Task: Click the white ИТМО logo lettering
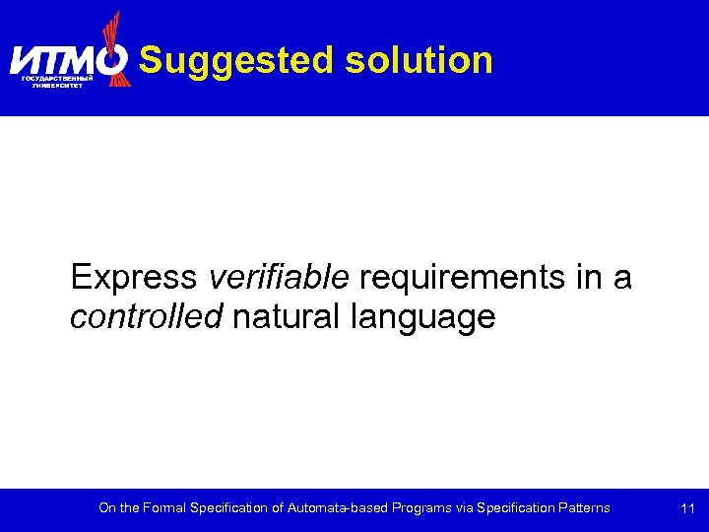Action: (x=61, y=60)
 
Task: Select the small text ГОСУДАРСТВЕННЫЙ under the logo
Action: (x=57, y=78)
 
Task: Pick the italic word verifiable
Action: (x=279, y=278)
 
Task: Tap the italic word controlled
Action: (x=147, y=317)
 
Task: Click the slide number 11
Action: (x=688, y=509)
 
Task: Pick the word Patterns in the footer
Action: (x=580, y=508)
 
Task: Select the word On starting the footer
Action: (x=106, y=508)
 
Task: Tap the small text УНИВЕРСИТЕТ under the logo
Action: (x=57, y=86)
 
